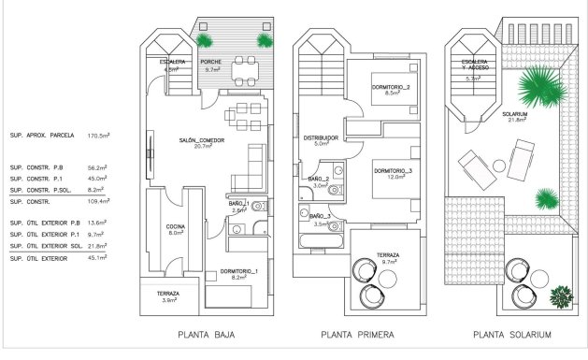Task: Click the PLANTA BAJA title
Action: tap(207, 335)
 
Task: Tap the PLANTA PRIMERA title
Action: tap(356, 335)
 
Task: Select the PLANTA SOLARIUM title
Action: tap(512, 335)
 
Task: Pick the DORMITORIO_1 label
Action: tap(240, 273)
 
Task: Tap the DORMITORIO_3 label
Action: tap(393, 172)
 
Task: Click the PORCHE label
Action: tap(210, 64)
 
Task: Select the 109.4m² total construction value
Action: tap(98, 201)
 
